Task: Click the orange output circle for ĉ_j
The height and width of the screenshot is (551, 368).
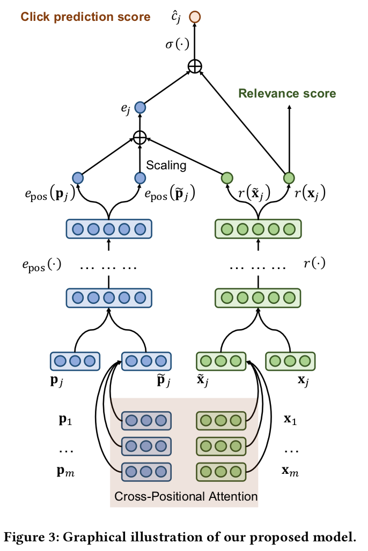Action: coord(195,17)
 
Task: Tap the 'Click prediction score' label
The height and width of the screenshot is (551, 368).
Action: coord(85,17)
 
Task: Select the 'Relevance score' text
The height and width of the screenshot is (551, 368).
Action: coord(287,94)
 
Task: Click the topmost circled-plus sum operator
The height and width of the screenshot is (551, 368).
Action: coord(195,66)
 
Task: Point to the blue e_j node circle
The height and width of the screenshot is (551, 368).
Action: coord(140,107)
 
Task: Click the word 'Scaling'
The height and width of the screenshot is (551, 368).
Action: coord(166,166)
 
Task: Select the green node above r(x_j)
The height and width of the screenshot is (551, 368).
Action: coord(289,177)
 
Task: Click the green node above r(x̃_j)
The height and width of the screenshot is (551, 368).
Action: coord(227,177)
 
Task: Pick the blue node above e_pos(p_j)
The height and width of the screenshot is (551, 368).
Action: coord(78,177)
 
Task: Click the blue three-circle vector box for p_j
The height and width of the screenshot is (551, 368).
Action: coord(75,361)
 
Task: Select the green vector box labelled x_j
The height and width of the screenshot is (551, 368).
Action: coord(290,361)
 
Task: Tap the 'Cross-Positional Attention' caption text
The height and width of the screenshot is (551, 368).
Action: coord(186,496)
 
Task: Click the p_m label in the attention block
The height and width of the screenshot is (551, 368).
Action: coord(66,472)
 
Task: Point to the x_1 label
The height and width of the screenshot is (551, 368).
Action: coord(290,420)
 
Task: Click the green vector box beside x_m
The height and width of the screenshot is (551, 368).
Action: coord(220,472)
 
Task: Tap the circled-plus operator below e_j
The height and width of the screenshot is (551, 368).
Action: coord(140,137)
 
